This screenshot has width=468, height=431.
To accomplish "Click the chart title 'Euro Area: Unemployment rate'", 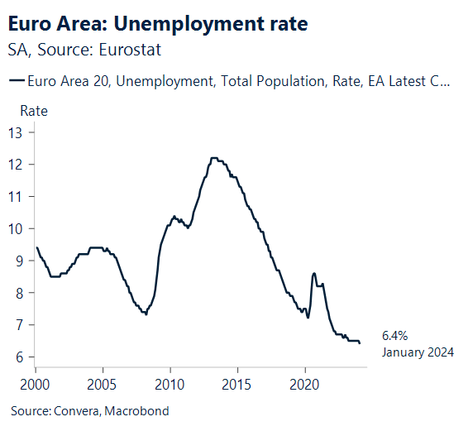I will [x=158, y=24].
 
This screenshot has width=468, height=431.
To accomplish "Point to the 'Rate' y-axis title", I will [x=33, y=111].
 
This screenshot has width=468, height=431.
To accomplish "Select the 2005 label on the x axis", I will [x=103, y=385].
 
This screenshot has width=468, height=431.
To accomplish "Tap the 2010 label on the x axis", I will [x=170, y=385].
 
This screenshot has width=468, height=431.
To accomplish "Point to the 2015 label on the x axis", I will [x=237, y=385].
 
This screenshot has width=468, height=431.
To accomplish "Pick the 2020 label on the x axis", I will [x=305, y=385].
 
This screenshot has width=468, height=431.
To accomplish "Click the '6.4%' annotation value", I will [x=394, y=336].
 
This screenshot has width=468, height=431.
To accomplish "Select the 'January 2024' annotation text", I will [x=418, y=352].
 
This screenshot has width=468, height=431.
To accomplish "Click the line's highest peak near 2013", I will [x=214, y=158].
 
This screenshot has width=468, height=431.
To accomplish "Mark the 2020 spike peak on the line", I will [x=313, y=273].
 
